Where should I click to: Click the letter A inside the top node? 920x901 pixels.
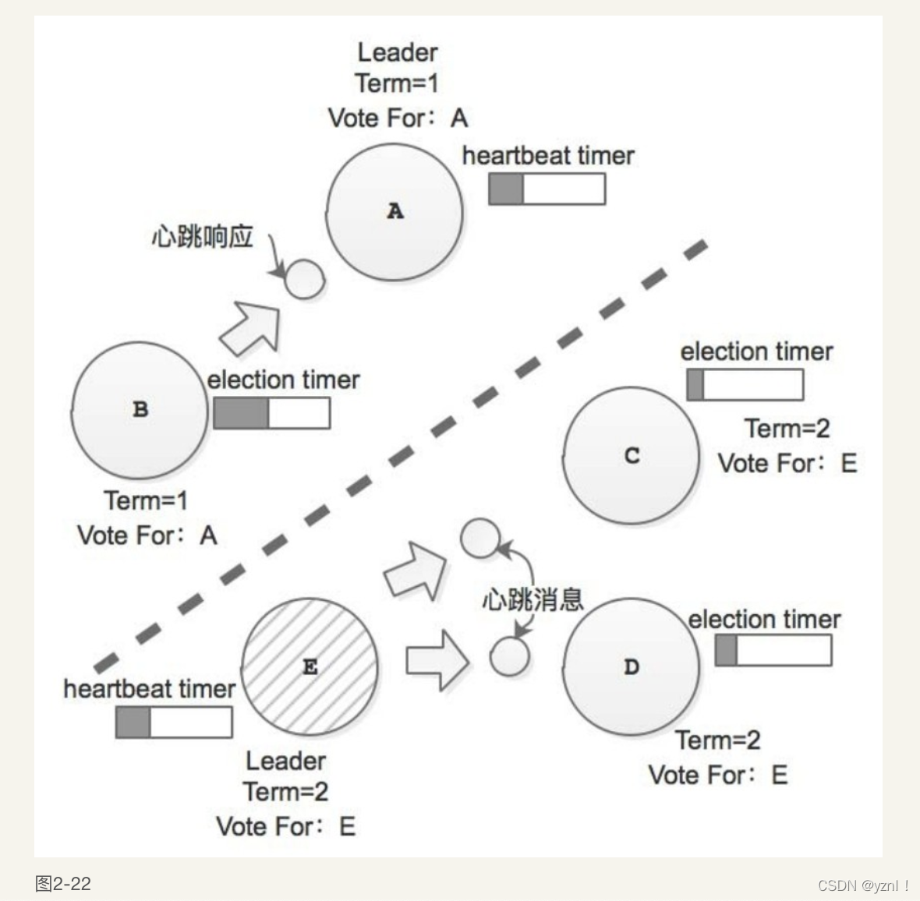click(x=395, y=211)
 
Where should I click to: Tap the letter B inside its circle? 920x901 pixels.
click(x=140, y=409)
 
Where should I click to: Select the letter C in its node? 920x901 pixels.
click(x=632, y=456)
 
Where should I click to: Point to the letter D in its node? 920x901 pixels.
click(x=632, y=667)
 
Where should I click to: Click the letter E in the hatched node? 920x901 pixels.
click(x=310, y=667)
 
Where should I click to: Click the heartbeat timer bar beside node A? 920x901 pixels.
click(x=547, y=189)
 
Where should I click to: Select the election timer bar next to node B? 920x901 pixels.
click(x=271, y=413)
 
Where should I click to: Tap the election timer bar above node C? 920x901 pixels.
click(x=745, y=384)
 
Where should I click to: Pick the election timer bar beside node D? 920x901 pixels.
click(x=773, y=650)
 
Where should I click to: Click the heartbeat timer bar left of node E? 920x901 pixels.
click(x=174, y=723)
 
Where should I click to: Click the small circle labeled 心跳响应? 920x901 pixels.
click(x=303, y=279)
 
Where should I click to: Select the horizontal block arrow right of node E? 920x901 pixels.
click(x=437, y=661)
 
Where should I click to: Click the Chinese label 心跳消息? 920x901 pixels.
click(x=533, y=599)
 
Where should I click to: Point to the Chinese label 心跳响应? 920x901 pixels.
click(x=203, y=236)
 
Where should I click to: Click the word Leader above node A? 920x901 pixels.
click(x=397, y=53)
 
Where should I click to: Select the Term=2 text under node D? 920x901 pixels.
click(x=717, y=740)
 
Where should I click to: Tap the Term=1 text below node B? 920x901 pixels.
click(x=146, y=500)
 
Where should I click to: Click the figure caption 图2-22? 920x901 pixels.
click(x=63, y=884)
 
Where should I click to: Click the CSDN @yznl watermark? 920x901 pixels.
click(x=863, y=885)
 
